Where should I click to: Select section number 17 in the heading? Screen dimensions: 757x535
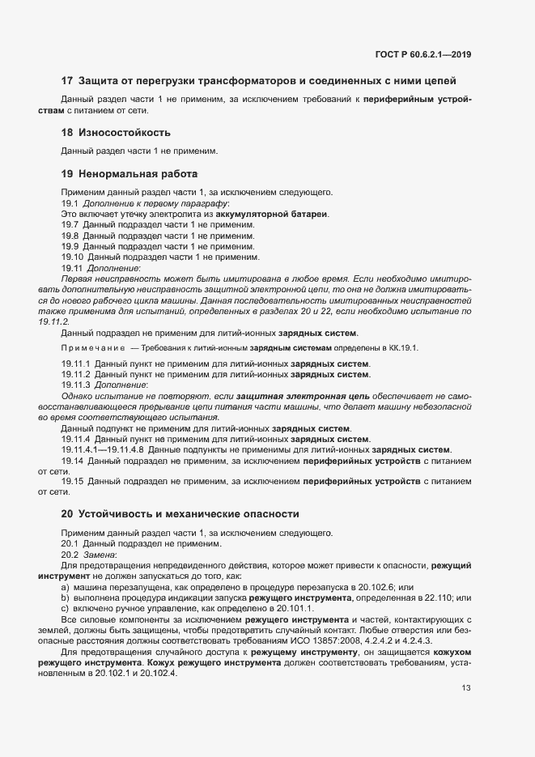[x=67, y=80]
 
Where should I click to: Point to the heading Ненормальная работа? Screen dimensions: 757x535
[x=134, y=173]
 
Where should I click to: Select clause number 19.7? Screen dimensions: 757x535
[x=70, y=224]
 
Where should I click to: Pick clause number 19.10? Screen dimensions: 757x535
[x=72, y=257]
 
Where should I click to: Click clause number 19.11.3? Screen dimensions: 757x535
[x=75, y=385]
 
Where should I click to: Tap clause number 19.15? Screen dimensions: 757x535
[x=72, y=482]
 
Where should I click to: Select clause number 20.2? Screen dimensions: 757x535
[x=70, y=555]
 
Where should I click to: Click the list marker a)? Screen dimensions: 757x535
[x=66, y=586]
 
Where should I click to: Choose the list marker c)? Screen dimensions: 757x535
[x=66, y=608]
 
